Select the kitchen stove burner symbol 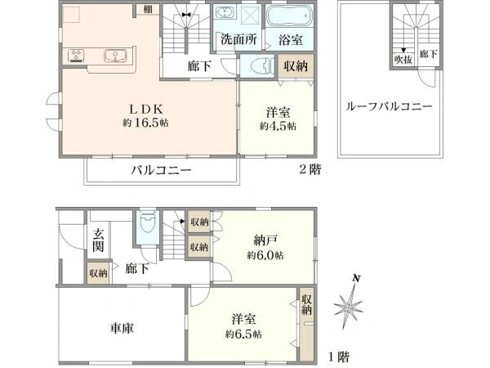pyautogui.click(x=79, y=56)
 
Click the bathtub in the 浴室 pyautogui.click(x=288, y=17)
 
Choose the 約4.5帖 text pyautogui.click(x=278, y=127)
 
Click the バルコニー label pyautogui.click(x=163, y=171)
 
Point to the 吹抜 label pyautogui.click(x=403, y=57)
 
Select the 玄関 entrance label pyautogui.click(x=97, y=241)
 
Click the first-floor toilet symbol pyautogui.click(x=148, y=223)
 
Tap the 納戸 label pyautogui.click(x=262, y=240)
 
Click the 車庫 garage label pyautogui.click(x=122, y=327)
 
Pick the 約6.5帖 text pyautogui.click(x=243, y=334)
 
